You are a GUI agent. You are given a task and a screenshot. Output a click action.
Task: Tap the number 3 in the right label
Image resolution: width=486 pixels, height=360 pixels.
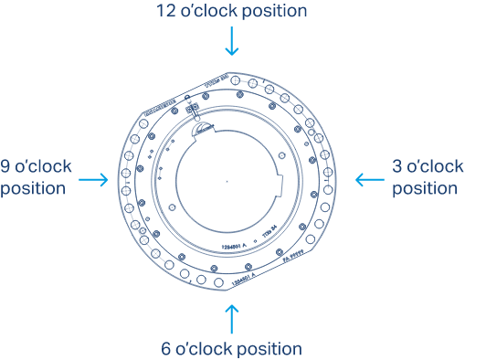pyautogui.click(x=397, y=167)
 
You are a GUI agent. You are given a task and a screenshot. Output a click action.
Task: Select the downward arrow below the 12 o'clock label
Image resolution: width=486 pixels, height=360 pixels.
pyautogui.click(x=232, y=41)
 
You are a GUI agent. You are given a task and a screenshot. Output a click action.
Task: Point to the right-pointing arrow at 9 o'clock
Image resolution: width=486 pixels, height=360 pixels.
pyautogui.click(x=94, y=180)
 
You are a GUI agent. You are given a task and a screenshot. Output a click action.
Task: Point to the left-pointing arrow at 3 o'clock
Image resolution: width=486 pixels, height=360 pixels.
pyautogui.click(x=369, y=180)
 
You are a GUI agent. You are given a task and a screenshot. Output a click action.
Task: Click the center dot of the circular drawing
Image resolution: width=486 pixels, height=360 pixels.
pyautogui.click(x=227, y=181)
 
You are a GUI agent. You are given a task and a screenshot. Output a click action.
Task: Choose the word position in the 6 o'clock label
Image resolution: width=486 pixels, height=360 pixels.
pyautogui.click(x=269, y=349)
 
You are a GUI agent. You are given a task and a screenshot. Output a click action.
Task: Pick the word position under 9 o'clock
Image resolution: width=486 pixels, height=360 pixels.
pyautogui.click(x=33, y=190)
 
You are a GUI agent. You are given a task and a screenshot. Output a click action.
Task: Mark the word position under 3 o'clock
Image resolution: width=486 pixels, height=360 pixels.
pyautogui.click(x=424, y=189)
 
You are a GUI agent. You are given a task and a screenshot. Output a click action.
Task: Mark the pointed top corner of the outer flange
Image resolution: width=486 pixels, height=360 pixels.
pyautogui.click(x=227, y=73)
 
